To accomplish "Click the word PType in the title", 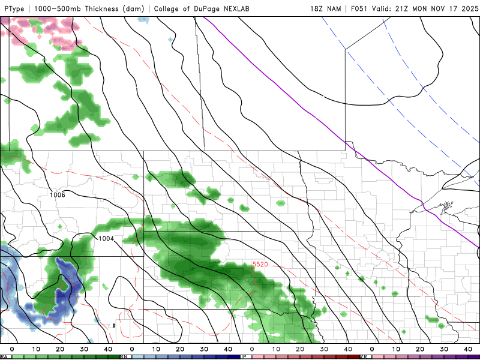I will click(15, 8).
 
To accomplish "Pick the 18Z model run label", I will click(317, 8).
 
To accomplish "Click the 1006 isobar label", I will click(58, 195).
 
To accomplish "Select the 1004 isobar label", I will click(106, 239).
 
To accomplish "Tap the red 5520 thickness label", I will click(260, 265).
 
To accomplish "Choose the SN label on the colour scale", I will click(124, 357).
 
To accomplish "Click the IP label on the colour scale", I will click(244, 357).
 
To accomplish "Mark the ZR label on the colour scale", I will click(364, 357).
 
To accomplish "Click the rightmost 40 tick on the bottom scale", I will click(468, 349).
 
